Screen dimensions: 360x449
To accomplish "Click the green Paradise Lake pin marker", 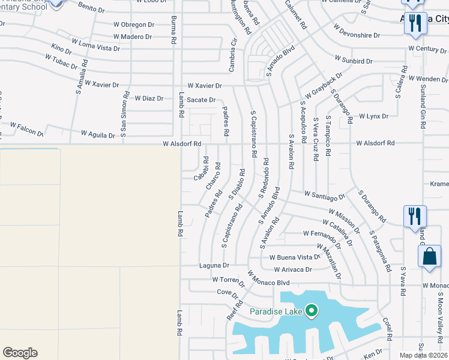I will [311, 310].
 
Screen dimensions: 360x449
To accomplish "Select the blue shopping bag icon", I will [430, 257].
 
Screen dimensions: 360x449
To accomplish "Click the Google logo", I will [20, 353].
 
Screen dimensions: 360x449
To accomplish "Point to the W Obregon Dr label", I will [137, 25].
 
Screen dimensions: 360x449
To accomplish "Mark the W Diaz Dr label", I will [149, 98].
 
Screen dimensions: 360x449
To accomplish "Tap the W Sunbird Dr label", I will [354, 61].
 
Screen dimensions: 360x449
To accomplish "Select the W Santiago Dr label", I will [325, 195].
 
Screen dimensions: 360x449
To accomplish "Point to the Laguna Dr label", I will [214, 265].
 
